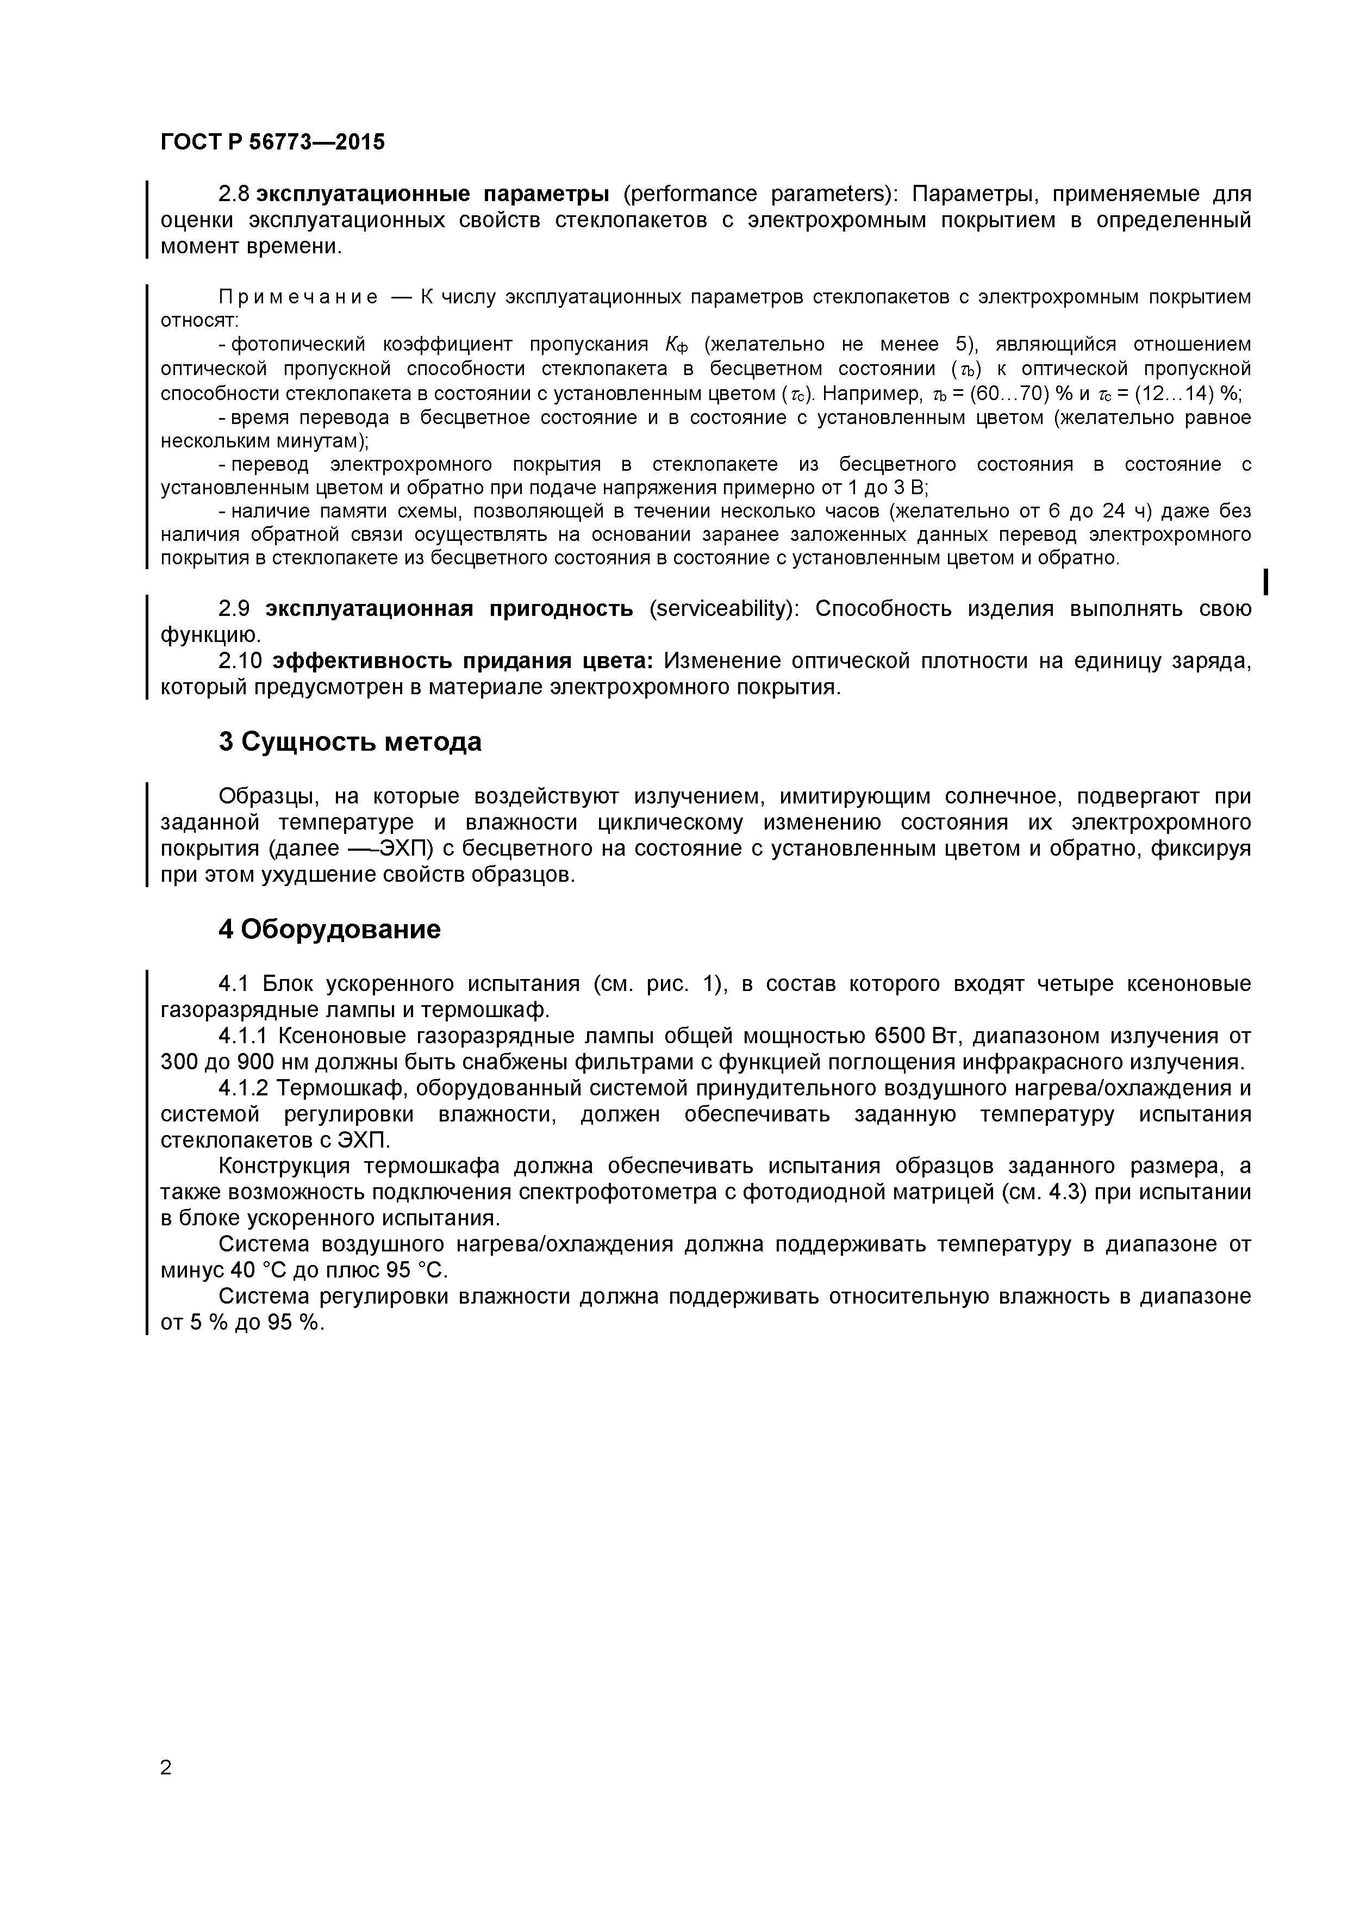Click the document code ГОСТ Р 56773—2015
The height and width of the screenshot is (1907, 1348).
tap(272, 142)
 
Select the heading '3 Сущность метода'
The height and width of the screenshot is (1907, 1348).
tap(350, 741)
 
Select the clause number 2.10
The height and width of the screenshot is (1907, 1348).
tap(240, 661)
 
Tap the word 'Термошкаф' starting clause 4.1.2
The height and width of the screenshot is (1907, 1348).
tap(342, 1088)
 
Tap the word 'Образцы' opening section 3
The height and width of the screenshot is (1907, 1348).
tap(269, 796)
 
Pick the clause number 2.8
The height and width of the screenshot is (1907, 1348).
tap(233, 195)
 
